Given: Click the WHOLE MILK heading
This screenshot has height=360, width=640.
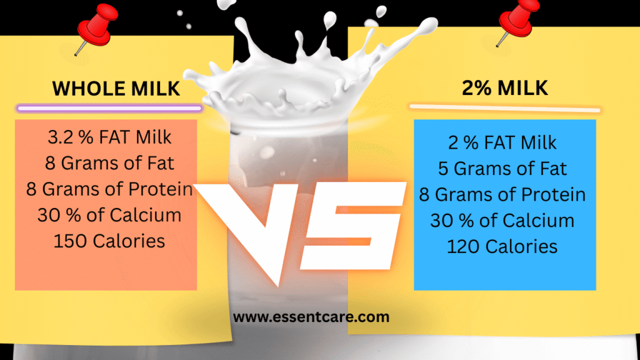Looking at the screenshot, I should pyautogui.click(x=116, y=88).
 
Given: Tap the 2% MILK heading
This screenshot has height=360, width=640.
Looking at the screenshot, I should pyautogui.click(x=504, y=87).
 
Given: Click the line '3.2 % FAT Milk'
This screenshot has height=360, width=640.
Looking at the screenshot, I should pyautogui.click(x=109, y=136).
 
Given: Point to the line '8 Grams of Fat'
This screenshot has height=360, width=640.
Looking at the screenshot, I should pyautogui.click(x=109, y=164).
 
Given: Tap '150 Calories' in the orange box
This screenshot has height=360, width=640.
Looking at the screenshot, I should pyautogui.click(x=109, y=241).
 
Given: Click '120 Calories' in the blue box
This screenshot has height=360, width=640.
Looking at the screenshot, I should pyautogui.click(x=502, y=246).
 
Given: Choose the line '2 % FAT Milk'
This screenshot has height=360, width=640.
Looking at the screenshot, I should pyautogui.click(x=502, y=142).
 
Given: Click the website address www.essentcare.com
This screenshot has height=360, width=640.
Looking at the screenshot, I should pyautogui.click(x=311, y=317).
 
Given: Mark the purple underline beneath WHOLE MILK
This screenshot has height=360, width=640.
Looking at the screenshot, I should pyautogui.click(x=109, y=108).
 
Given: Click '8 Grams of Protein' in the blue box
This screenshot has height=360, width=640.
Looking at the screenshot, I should pyautogui.click(x=502, y=194).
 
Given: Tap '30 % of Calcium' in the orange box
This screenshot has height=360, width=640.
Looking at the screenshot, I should pyautogui.click(x=109, y=215).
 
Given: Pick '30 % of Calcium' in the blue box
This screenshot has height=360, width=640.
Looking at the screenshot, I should pyautogui.click(x=502, y=220).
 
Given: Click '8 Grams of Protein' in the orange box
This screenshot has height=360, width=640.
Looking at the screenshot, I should pyautogui.click(x=109, y=189).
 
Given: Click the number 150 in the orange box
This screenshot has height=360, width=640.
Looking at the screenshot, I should pyautogui.click(x=69, y=241).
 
